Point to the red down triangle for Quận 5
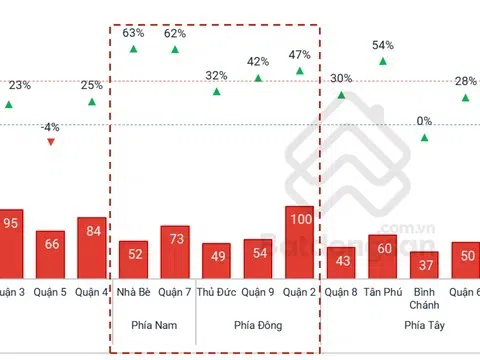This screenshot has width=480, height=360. tap(51, 142)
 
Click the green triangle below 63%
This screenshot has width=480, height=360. tap(133, 49)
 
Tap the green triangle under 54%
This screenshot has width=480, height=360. tap(382, 61)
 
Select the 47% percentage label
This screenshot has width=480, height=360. tap(299, 54)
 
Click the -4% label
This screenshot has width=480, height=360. tap(51, 127)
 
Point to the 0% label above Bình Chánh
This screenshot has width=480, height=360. tap(424, 121)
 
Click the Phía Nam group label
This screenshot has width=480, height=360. tap(153, 326)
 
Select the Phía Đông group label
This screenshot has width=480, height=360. tap(258, 326)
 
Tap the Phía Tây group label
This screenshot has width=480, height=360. tap(424, 326)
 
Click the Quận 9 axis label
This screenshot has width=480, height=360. tap(258, 292)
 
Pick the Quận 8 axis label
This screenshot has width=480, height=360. tap(341, 292)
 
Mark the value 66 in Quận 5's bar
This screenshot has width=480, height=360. tap(51, 245)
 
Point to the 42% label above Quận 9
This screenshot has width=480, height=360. tap(258, 61)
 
